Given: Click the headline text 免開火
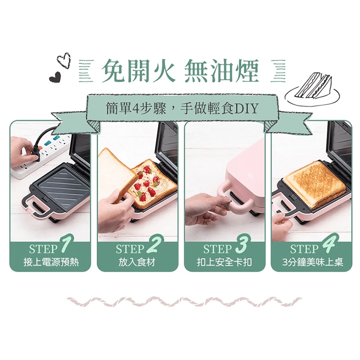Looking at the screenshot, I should pos(137,71).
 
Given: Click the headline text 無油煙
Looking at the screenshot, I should pos(221,71).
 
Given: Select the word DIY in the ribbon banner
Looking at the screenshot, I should pos(247,108).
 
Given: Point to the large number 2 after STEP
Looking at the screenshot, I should pos(153,247).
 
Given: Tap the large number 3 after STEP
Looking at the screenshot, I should pos(241,247).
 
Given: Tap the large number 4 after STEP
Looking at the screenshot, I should pos(328,247).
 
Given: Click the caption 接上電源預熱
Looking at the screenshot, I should pos(50,262).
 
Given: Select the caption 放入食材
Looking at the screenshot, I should pos(137,262).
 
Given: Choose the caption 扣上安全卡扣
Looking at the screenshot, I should pos(225,262).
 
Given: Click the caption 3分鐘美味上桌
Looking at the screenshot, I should pos(312,262).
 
